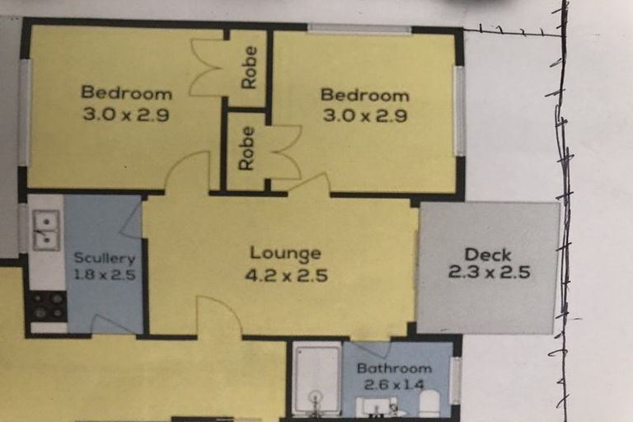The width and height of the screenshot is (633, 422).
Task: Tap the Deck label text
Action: pyautogui.click(x=487, y=255)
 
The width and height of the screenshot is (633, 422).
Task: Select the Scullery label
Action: pyautogui.click(x=104, y=258)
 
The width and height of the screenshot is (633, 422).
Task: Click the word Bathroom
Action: pyautogui.click(x=394, y=368)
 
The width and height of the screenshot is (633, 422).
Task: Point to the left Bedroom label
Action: pyautogui.click(x=126, y=92)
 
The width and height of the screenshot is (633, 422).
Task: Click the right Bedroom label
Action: pyautogui.click(x=364, y=96)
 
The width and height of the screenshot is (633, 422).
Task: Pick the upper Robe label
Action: pyautogui.click(x=249, y=68)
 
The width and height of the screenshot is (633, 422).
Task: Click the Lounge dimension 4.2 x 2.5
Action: pyautogui.click(x=286, y=274)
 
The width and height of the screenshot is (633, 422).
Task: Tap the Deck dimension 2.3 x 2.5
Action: pyautogui.click(x=488, y=272)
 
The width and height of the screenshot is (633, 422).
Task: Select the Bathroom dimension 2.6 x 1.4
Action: pyautogui.click(x=394, y=384)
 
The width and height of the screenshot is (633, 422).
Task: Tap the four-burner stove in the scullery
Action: pyautogui.click(x=46, y=306)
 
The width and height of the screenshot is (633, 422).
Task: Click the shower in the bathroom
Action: pyautogui.click(x=316, y=377)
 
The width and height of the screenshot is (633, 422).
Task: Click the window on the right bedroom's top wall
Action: pyautogui.click(x=359, y=30)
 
